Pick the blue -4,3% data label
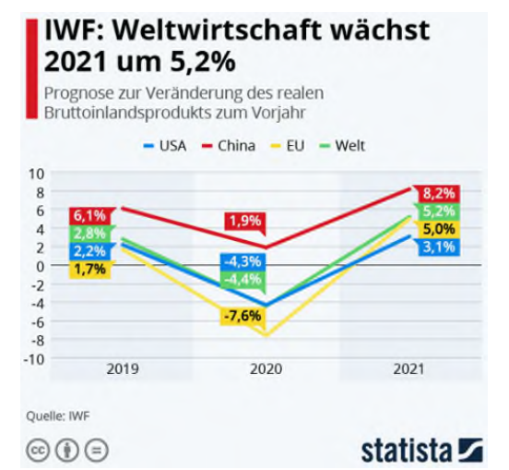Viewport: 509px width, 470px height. (243, 261)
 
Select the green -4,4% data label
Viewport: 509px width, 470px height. (243, 279)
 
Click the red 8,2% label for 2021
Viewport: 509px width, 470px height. (437, 193)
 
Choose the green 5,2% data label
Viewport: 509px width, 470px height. (437, 211)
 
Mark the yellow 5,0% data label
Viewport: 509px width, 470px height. (437, 229)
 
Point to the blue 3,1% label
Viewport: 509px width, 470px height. (437, 247)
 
